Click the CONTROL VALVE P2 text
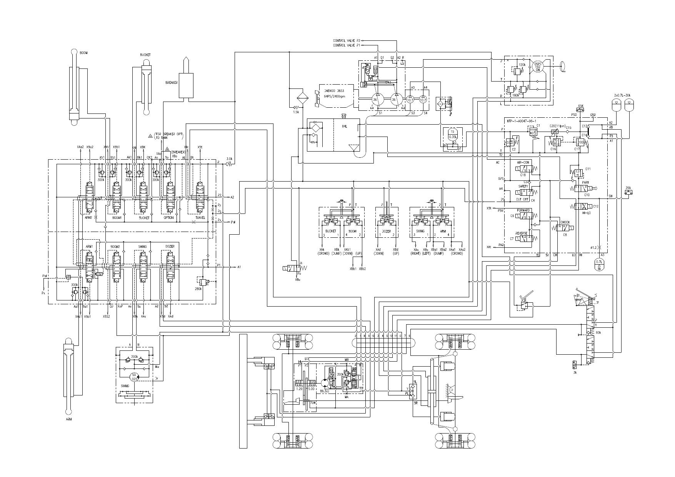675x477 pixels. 347,40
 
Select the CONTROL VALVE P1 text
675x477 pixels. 347,45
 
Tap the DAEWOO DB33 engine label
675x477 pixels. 334,91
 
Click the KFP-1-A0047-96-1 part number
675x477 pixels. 521,121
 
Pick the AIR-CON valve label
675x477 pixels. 523,163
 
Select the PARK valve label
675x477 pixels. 585,182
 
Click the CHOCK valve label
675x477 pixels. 565,222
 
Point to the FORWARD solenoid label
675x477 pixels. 523,210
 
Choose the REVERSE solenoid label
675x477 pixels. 522,233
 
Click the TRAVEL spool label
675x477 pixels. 200,218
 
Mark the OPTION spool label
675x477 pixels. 168,218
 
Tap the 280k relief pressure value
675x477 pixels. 199,289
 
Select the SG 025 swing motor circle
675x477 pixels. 134,377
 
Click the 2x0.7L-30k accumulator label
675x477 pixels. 622,95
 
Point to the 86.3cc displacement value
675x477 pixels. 325,391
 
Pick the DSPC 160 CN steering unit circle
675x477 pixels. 537,66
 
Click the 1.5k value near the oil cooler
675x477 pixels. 296,112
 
